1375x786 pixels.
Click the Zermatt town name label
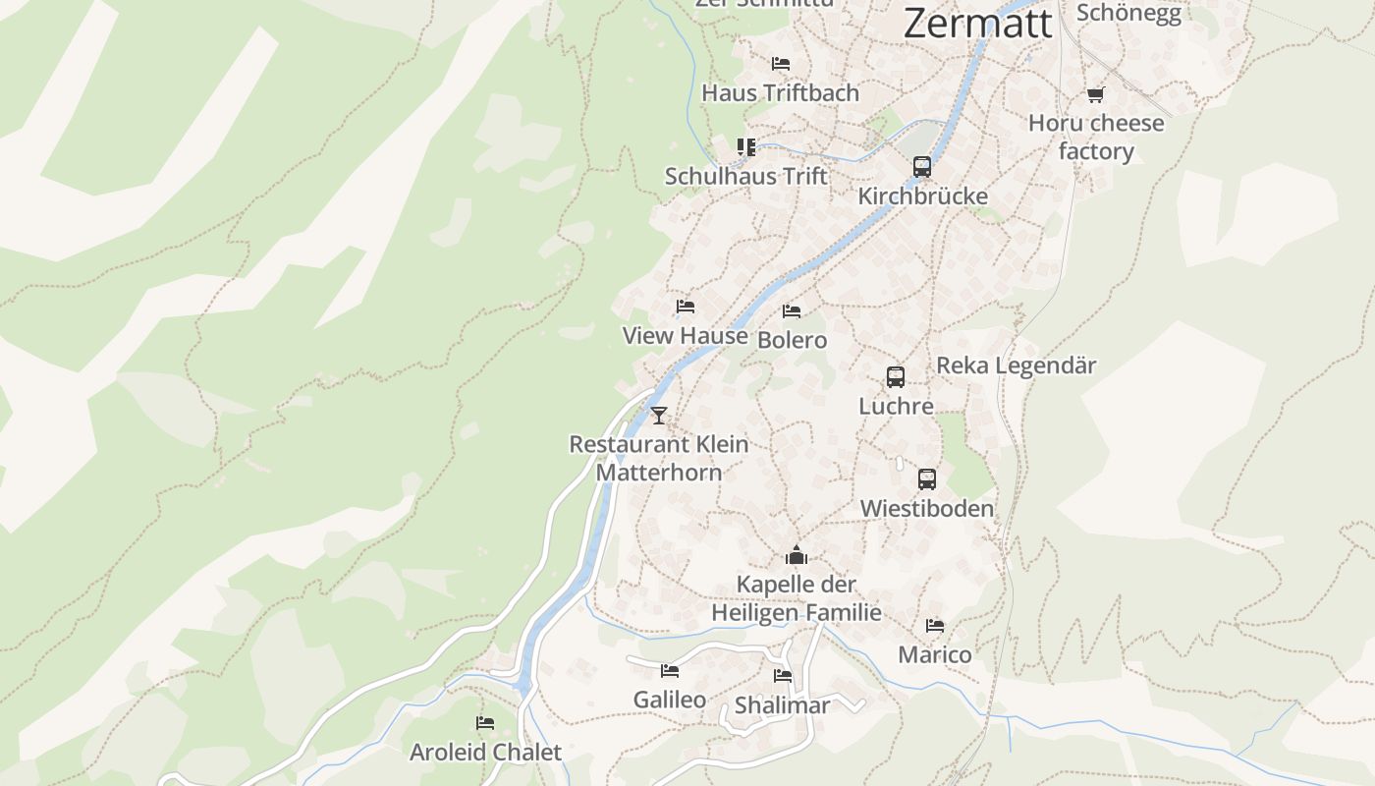[977, 23]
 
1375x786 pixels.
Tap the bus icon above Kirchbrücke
[921, 167]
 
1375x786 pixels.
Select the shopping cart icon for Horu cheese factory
[1095, 94]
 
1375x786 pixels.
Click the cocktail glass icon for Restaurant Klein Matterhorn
[658, 416]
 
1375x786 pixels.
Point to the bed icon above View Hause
[686, 307]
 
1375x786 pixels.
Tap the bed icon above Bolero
[792, 311]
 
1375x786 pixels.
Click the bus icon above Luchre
[895, 377]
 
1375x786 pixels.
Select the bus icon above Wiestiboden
[926, 479]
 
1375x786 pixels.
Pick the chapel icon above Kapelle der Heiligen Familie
[796, 555]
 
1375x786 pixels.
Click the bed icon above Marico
[934, 625]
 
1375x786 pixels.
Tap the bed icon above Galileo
[670, 671]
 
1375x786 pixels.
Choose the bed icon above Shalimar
[783, 676]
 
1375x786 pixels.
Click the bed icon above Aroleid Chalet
[485, 723]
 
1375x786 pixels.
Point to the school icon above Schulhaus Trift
[746, 147]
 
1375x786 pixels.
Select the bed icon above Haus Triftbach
[781, 64]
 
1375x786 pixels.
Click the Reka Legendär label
[1016, 365]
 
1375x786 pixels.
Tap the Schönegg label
[1127, 13]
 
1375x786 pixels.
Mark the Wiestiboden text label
[926, 509]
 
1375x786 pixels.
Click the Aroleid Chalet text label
[485, 753]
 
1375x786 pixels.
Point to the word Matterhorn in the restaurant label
[658, 473]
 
